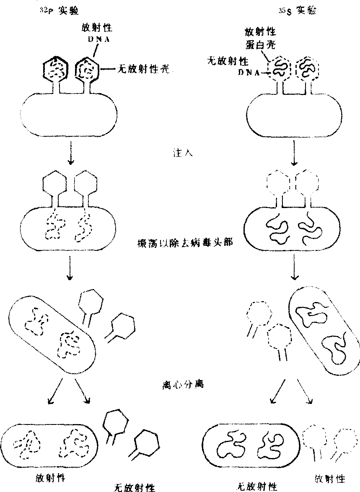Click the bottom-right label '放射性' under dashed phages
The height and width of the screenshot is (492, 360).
pyautogui.click(x=330, y=478)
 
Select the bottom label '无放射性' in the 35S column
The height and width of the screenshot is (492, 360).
pyautogui.click(x=256, y=486)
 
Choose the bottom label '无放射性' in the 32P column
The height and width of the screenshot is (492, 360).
pyautogui.click(x=135, y=487)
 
